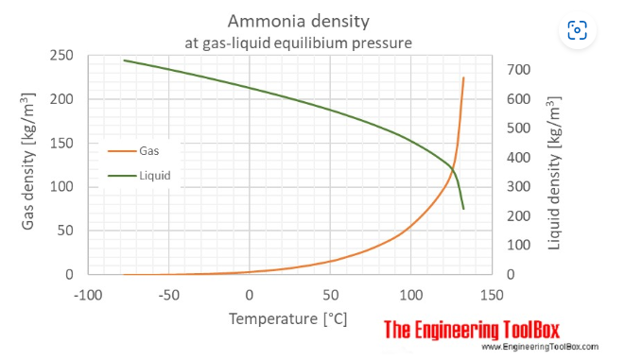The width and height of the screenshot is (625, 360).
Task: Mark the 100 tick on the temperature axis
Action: pyautogui.click(x=410, y=293)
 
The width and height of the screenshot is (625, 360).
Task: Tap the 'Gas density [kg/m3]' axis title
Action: pyautogui.click(x=30, y=164)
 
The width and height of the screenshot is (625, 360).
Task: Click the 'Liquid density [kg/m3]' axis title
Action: pyautogui.click(x=554, y=164)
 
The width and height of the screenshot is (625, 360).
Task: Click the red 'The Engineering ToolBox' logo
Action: pyautogui.click(x=472, y=329)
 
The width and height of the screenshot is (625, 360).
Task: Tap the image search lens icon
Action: pyautogui.click(x=576, y=31)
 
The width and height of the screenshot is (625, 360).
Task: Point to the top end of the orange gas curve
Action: pyautogui.click(x=463, y=77)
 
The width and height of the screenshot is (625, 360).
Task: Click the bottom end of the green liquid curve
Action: pyautogui.click(x=463, y=208)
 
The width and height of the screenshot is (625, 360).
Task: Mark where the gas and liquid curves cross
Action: pyautogui.click(x=453, y=169)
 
